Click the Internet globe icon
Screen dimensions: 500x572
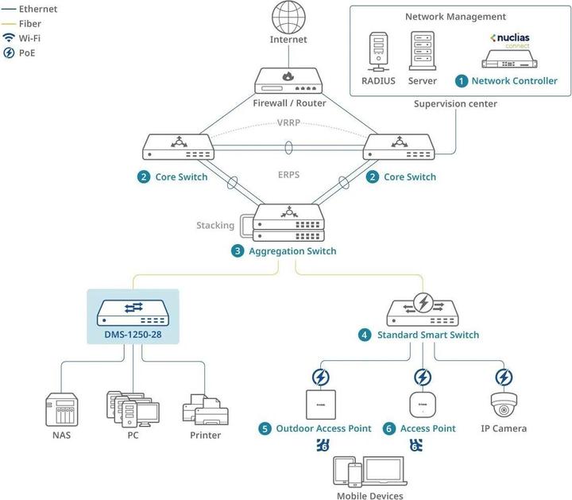[288, 17]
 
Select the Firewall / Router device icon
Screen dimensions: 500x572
[288, 82]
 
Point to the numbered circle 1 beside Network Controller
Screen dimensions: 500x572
[461, 80]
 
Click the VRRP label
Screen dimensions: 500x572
[288, 123]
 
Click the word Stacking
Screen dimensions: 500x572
[215, 225]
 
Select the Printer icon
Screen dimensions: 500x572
[205, 409]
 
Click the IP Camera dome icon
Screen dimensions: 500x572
[504, 405]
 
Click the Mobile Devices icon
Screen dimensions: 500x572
[369, 471]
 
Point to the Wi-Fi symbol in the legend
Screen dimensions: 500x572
[9, 38]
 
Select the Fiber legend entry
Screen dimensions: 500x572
[29, 24]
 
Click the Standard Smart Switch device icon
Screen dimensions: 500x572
[423, 308]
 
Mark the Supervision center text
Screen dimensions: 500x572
[455, 104]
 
